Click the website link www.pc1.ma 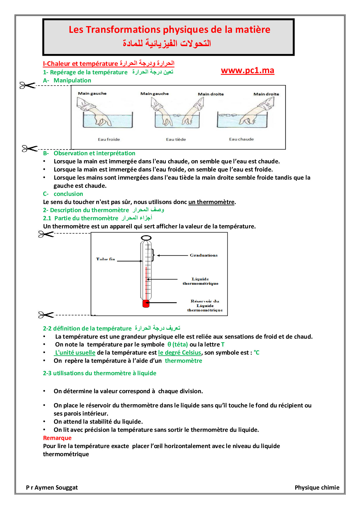click(247, 71)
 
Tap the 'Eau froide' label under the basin click(109, 139)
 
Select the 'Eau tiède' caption click(176, 139)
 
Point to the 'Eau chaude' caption click(241, 139)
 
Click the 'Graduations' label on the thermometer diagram click(204, 255)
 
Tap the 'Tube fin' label click(105, 259)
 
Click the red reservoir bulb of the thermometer click(146, 304)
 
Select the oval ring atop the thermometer click(146, 238)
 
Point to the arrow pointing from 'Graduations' click(173, 255)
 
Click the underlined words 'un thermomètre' click(211, 202)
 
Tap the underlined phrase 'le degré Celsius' click(179, 353)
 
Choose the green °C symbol click(257, 353)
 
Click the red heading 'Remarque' click(57, 438)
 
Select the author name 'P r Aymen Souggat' click(52, 488)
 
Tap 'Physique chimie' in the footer click(317, 488)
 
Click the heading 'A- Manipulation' click(67, 80)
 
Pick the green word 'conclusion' click(68, 194)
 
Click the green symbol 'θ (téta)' click(178, 344)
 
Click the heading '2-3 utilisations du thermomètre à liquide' click(100, 373)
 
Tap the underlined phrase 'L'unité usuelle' click(75, 353)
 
